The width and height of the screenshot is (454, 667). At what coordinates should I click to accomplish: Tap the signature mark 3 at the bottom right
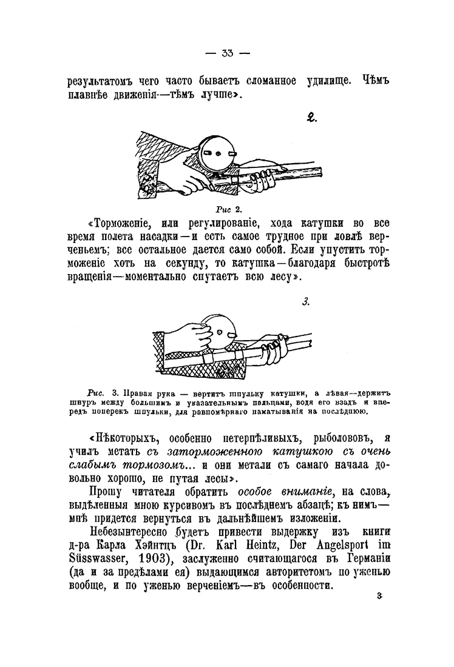pos(378,597)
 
